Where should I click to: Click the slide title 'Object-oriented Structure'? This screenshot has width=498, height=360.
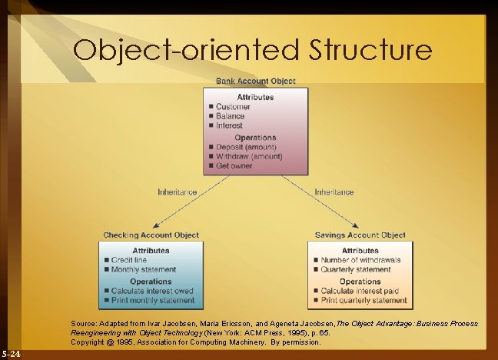click(x=253, y=50)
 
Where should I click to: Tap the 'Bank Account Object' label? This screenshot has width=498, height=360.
click(x=256, y=81)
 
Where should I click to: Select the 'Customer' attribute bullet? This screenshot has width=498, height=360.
click(x=232, y=107)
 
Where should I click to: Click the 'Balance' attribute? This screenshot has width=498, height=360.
click(x=231, y=116)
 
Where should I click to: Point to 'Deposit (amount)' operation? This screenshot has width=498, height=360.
click(x=246, y=147)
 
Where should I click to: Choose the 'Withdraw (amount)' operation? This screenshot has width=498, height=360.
click(x=249, y=156)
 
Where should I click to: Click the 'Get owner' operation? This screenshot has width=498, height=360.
click(x=235, y=165)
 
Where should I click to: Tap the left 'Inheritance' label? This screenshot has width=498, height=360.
click(x=178, y=192)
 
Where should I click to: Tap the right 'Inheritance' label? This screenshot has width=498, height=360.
click(x=334, y=192)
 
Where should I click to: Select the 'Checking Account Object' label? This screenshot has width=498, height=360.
click(x=151, y=235)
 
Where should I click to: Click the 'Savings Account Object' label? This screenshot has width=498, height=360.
click(x=360, y=235)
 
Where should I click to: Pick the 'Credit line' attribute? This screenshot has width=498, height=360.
click(x=129, y=261)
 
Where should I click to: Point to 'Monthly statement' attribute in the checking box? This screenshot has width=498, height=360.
click(x=144, y=270)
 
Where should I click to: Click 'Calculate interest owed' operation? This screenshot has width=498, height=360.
click(x=153, y=291)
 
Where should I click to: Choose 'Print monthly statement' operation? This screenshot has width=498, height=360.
click(x=152, y=300)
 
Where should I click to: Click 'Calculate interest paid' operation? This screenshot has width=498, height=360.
click(x=360, y=291)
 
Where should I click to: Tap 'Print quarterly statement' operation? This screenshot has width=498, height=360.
click(x=364, y=300)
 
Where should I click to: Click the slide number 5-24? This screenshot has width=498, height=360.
click(x=12, y=354)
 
